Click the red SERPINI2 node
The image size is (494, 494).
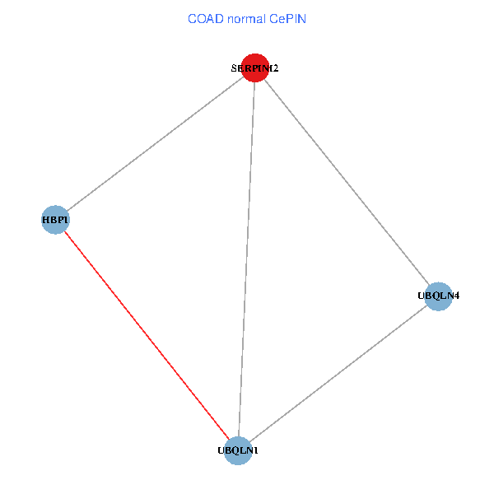click(255, 68)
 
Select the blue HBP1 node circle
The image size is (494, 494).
click(54, 220)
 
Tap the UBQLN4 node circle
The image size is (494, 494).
click(439, 296)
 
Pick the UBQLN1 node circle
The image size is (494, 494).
click(238, 450)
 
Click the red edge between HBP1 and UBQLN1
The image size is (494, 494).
click(147, 335)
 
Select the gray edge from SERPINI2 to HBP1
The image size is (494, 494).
click(155, 144)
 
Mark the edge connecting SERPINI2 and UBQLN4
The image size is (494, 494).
click(347, 182)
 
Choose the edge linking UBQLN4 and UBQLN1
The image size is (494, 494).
click(338, 373)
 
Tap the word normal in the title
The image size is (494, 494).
click(248, 18)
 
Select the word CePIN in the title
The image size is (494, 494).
click(288, 18)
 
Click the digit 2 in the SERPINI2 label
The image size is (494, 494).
click(275, 69)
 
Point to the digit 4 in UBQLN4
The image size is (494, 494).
click(455, 296)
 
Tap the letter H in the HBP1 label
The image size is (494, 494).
click(45, 220)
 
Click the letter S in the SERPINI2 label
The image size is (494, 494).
click(234, 69)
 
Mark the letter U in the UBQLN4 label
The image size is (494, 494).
click(422, 296)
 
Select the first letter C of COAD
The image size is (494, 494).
click(193, 18)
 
